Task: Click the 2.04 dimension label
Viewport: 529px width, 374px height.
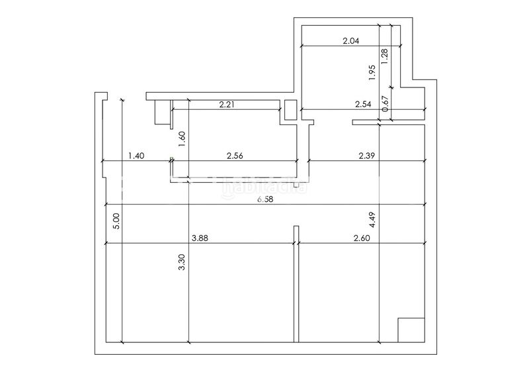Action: tap(351, 41)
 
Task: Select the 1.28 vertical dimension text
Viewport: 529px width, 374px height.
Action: tap(384, 56)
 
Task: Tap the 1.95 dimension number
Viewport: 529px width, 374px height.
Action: tap(372, 72)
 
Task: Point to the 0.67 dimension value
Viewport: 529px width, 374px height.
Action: tap(386, 104)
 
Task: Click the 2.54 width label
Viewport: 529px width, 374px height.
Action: tap(363, 105)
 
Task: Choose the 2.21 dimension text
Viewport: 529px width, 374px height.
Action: tap(227, 105)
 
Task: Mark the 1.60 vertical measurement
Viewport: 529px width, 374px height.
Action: tap(183, 139)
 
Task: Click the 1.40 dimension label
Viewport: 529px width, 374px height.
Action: tap(136, 156)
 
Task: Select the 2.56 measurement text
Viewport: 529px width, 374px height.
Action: tap(235, 156)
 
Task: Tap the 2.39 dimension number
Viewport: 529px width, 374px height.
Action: tap(367, 156)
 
